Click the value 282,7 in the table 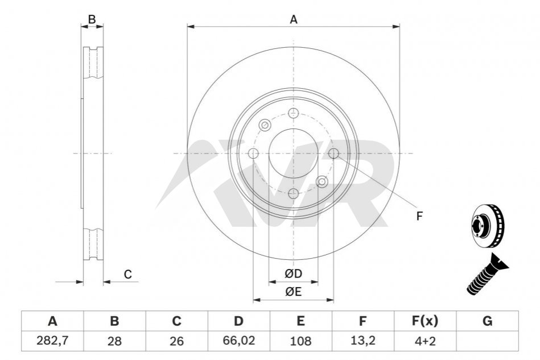[x=52, y=341]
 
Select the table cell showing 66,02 [x=238, y=341]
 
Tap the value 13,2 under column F [x=362, y=341]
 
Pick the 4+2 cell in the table [x=425, y=341]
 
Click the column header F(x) [x=425, y=321]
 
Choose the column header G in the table [x=487, y=321]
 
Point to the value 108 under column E [x=300, y=341]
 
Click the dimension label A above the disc [x=294, y=19]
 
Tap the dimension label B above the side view [x=92, y=19]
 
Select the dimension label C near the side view [x=128, y=274]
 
